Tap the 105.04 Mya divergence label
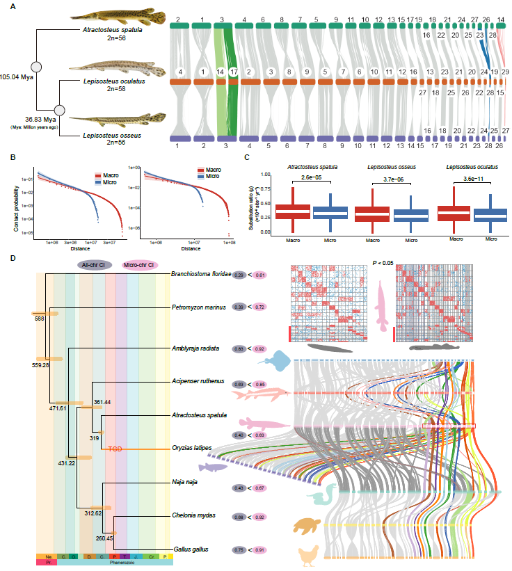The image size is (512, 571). click(x=19, y=77)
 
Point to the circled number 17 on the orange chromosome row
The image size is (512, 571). click(x=234, y=71)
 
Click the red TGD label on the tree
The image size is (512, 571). click(x=115, y=449)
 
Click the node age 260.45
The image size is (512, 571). click(x=104, y=537)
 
